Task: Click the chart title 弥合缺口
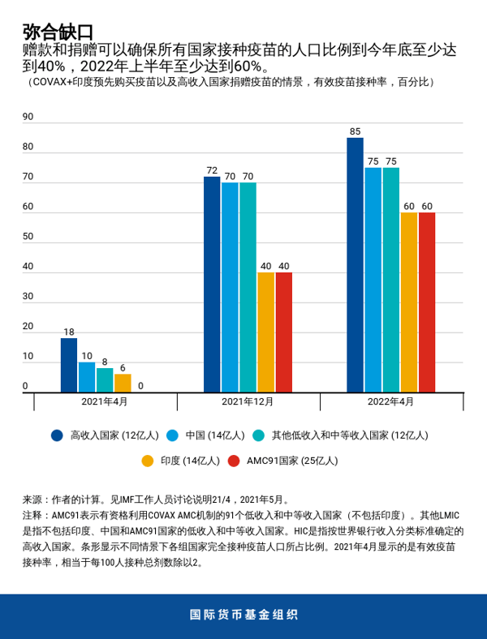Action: point(58,32)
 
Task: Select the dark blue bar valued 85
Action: point(355,265)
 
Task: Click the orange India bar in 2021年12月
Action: point(265,332)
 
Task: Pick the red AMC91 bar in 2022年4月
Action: point(426,302)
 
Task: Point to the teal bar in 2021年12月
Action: point(248,287)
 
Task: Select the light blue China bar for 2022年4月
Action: point(373,280)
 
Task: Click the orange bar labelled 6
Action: point(123,383)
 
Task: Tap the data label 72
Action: point(212,170)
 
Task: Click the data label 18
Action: point(69,332)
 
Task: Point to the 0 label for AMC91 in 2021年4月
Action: point(140,386)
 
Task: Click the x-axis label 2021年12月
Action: point(248,401)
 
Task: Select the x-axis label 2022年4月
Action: point(390,401)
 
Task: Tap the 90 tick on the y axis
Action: point(28,117)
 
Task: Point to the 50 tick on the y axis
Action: point(28,237)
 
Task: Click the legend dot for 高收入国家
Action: point(57,435)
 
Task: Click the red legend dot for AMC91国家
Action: point(234,461)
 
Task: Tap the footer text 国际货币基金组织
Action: point(243,614)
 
